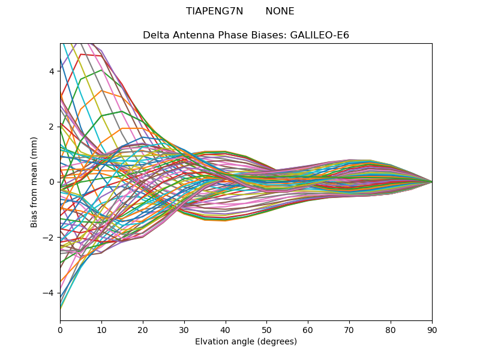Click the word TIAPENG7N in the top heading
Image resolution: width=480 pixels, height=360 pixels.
point(215,11)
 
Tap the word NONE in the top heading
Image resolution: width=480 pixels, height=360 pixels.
point(280,11)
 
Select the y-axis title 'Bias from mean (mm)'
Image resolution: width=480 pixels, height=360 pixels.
point(35,181)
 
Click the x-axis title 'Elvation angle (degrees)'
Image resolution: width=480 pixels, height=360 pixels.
point(246,342)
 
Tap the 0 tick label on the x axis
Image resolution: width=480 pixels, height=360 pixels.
point(60,329)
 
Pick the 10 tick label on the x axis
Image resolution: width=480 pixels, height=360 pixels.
point(101,329)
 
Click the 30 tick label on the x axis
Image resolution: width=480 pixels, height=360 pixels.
point(184,329)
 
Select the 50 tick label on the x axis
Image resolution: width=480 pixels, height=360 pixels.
point(266,329)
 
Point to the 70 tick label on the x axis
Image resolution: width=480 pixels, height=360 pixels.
point(349,329)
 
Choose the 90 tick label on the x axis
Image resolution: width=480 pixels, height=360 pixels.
point(432,329)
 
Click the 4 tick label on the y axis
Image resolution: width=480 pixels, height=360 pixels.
point(52,71)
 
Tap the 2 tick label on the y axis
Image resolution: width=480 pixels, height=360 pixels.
point(52,127)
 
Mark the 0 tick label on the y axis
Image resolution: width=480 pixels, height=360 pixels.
point(52,182)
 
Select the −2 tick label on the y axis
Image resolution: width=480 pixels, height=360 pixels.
point(49,237)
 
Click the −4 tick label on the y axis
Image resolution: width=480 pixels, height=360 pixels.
point(49,293)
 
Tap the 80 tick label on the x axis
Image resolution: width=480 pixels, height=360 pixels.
point(391,329)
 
